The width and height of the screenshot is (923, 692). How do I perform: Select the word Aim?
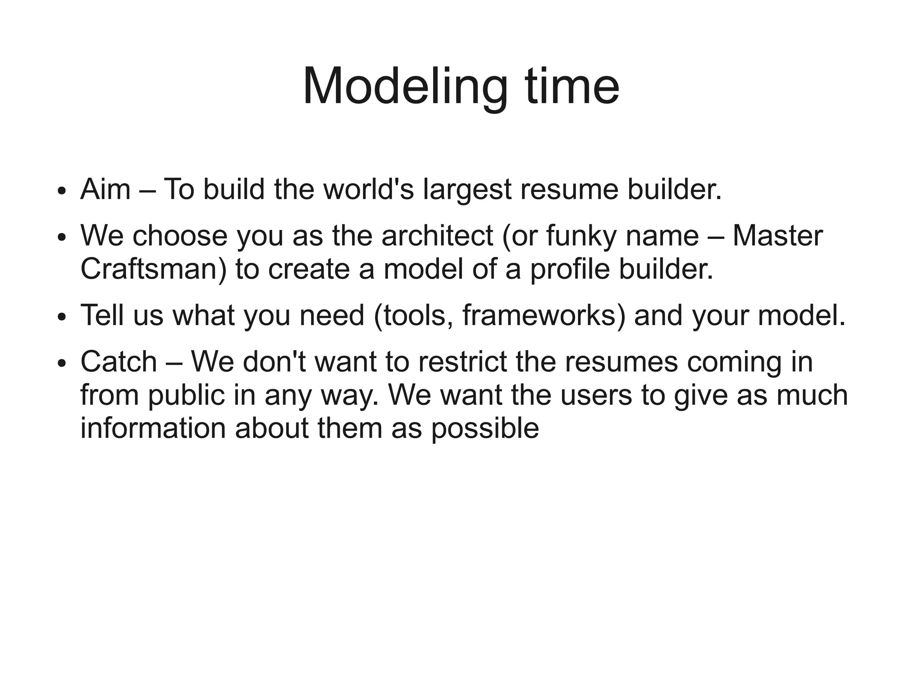click(105, 189)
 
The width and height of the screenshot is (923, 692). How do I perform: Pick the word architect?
click(437, 236)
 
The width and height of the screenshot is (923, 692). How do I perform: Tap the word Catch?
click(119, 362)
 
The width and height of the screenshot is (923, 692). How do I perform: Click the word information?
click(153, 428)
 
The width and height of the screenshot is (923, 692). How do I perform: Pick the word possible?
click(485, 429)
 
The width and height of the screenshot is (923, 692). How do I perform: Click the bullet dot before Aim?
click(62, 191)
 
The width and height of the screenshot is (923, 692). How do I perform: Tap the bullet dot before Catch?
click(62, 363)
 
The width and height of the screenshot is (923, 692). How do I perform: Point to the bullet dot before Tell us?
click(62, 316)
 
